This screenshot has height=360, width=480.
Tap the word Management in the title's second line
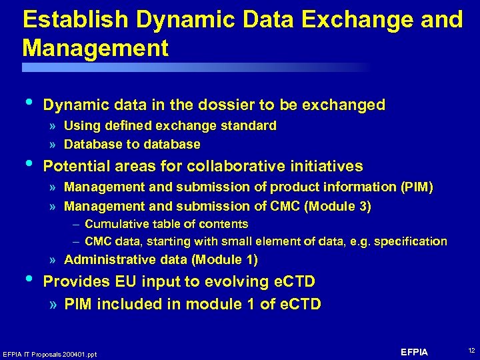tap(95, 49)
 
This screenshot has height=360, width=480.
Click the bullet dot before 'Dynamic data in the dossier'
tap(27, 101)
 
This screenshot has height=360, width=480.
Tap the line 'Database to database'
tap(132, 144)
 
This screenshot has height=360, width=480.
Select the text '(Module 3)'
tap(337, 207)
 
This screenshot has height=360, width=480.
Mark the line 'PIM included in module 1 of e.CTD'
tap(193, 305)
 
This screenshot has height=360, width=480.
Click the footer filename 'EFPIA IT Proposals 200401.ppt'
tap(50, 354)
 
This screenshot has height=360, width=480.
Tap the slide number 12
tap(471, 351)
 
